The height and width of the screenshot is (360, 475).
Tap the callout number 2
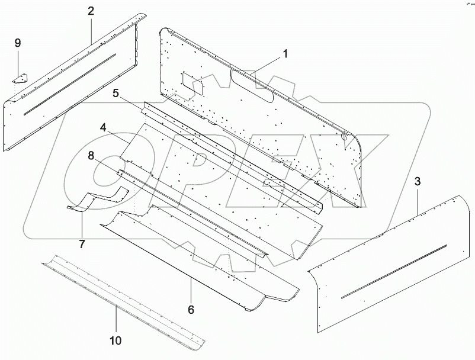(x=91, y=11)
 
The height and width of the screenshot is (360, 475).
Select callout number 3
(x=418, y=181)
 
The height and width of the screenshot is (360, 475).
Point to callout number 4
(x=103, y=128)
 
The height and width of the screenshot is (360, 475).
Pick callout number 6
(x=191, y=309)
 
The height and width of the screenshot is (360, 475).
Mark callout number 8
(x=91, y=156)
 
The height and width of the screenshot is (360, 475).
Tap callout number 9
(x=17, y=43)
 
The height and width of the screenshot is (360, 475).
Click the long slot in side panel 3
(x=394, y=271)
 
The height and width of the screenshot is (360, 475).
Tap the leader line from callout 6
(x=191, y=290)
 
